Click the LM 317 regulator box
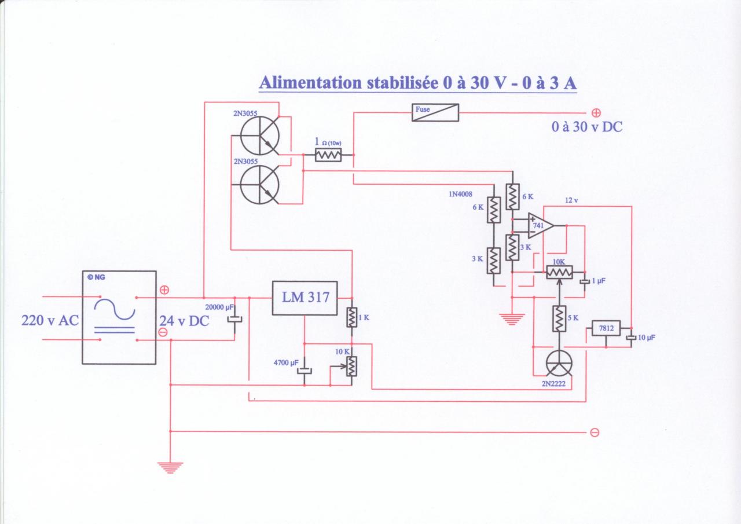[x=305, y=298]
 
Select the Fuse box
[x=435, y=112]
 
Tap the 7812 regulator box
[x=606, y=329]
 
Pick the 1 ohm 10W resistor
[x=328, y=155]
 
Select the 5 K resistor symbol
[x=558, y=319]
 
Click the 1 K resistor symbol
[x=351, y=317]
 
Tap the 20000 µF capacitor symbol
[x=234, y=319]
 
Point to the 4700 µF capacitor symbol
[x=305, y=371]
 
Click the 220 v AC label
[x=49, y=320]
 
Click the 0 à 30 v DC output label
[x=587, y=127]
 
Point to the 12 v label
[x=571, y=200]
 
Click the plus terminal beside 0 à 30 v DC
[x=596, y=113]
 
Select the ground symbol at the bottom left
[x=170, y=467]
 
